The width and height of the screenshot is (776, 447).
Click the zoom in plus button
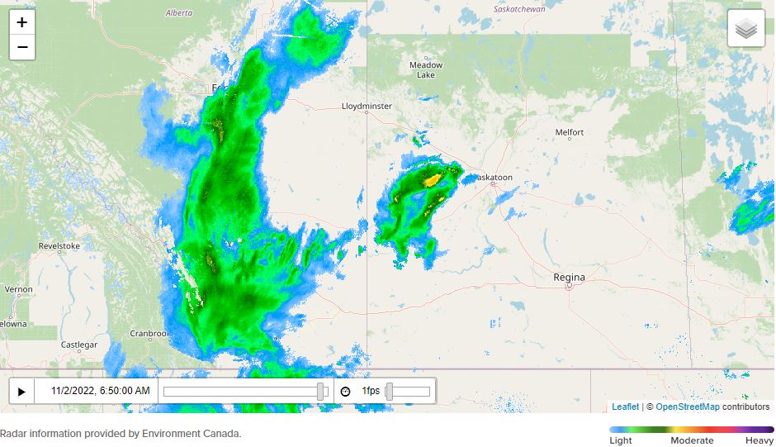22,22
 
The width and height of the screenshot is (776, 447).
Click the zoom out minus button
22,47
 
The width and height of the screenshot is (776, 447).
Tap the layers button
745,29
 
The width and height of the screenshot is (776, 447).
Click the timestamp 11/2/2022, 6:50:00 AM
101,391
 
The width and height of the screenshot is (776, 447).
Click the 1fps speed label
371,391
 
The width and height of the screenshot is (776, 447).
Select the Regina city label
569,278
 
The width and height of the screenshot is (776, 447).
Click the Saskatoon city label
496,178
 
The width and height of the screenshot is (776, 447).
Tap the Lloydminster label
367,107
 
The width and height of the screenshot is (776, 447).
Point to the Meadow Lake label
426,69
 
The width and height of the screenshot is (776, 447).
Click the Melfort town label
570,132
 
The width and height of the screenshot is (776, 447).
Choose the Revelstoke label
59,246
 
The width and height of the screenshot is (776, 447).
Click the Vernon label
19,290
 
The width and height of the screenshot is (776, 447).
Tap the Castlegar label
79,345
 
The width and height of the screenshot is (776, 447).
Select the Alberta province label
178,13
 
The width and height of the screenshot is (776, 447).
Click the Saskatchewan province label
520,9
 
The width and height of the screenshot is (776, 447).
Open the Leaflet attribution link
625,407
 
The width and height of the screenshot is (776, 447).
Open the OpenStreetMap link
688,407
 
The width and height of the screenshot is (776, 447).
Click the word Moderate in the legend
692,440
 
